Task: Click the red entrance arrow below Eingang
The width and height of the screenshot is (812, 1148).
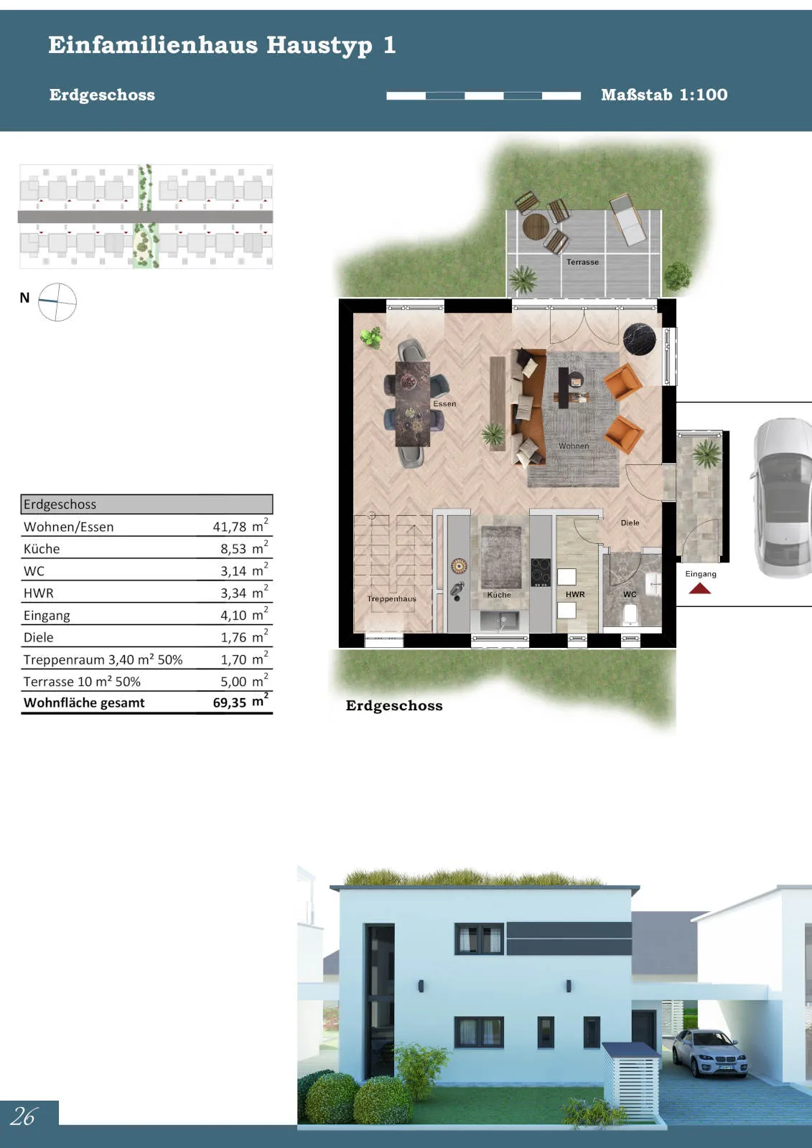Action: click(700, 588)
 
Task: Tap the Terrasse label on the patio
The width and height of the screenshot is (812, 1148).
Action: click(582, 262)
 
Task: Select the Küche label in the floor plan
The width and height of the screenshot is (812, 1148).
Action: click(499, 595)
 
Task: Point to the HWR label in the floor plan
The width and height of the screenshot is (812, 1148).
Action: click(575, 595)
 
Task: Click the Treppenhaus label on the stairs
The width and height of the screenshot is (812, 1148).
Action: click(392, 598)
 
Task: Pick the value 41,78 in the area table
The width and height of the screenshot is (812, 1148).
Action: click(229, 527)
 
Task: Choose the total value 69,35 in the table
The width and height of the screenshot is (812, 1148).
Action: click(229, 702)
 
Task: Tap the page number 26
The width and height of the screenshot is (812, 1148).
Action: click(24, 1116)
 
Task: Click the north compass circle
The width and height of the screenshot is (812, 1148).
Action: click(57, 302)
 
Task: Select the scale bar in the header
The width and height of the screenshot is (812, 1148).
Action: click(483, 96)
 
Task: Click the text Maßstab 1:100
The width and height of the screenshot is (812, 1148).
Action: click(664, 95)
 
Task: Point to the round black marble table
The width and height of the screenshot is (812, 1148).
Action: click(639, 339)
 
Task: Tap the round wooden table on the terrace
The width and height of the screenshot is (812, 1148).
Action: click(536, 226)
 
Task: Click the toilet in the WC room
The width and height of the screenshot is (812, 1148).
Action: click(630, 614)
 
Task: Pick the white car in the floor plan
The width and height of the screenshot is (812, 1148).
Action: click(783, 498)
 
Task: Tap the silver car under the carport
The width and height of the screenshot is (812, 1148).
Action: click(709, 1052)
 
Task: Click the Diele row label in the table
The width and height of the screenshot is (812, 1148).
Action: click(39, 638)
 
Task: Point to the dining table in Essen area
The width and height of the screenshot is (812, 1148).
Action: click(412, 404)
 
